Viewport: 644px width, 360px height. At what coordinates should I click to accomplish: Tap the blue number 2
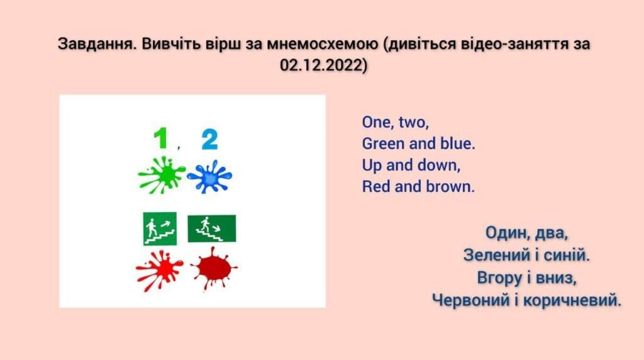point(209,140)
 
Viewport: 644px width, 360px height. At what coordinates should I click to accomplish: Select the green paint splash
point(161,175)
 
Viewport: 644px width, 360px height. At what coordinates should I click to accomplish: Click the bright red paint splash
point(159,271)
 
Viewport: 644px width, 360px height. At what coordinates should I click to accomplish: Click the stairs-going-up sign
point(160,228)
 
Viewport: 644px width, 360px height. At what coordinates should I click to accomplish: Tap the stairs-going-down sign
point(211,228)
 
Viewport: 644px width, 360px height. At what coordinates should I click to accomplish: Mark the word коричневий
point(569,300)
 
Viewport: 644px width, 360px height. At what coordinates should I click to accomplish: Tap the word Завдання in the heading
point(96,44)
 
